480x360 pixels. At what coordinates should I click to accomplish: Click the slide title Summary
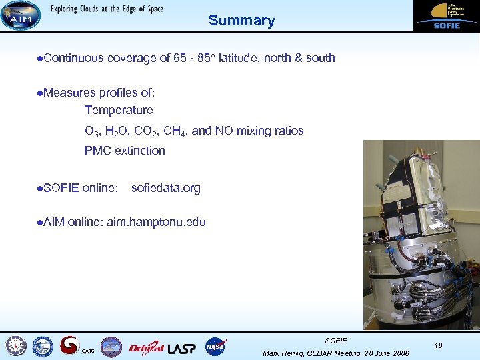(x=241, y=21)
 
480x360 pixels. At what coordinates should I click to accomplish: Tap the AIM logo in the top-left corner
(x=20, y=15)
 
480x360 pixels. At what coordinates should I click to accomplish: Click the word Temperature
(x=119, y=110)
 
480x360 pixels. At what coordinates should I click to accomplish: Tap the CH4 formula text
(x=175, y=131)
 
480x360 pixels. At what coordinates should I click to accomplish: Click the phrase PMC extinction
(x=125, y=151)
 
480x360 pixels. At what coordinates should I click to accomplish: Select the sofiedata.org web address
(x=165, y=188)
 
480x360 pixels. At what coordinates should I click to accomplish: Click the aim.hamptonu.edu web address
(x=156, y=223)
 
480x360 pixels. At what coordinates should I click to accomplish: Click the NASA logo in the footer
(x=215, y=347)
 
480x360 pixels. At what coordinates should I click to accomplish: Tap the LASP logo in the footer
(x=182, y=347)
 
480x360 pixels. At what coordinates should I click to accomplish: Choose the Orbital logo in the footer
(x=146, y=347)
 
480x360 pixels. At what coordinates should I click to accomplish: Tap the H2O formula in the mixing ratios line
(x=114, y=131)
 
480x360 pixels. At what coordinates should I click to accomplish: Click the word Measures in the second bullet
(x=67, y=93)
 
